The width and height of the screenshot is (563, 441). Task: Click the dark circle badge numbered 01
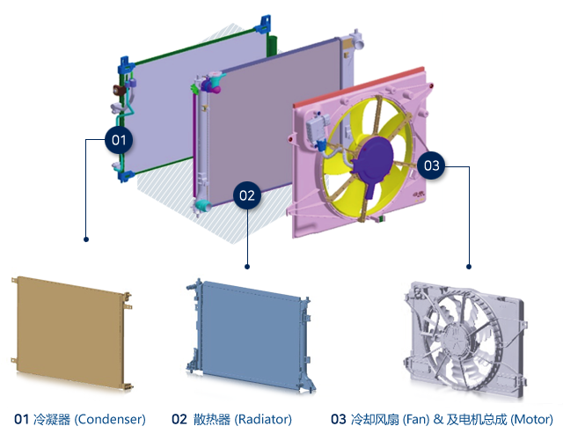pos(119,139)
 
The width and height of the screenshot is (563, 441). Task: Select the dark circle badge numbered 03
pos(430,165)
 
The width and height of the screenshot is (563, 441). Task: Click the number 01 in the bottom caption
pos(22,420)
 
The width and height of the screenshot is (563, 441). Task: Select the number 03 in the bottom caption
pos(338,420)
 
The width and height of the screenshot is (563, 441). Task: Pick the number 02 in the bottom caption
pos(179,420)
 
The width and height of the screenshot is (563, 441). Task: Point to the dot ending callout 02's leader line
pos(247,266)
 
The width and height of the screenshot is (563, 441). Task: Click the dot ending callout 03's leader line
pos(469,266)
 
